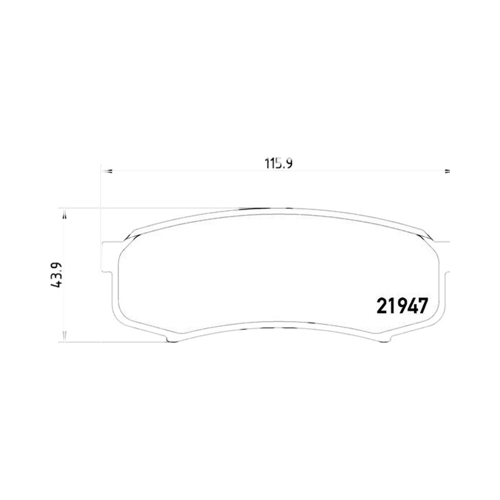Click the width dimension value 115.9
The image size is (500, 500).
tap(278, 164)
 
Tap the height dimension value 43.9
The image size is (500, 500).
tap(56, 275)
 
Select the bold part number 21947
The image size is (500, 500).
tap(402, 306)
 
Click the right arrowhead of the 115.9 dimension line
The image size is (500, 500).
tap(447, 171)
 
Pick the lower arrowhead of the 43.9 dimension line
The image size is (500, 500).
tap(64, 337)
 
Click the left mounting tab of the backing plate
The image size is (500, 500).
tap(107, 257)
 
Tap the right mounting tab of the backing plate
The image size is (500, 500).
tap(447, 257)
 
